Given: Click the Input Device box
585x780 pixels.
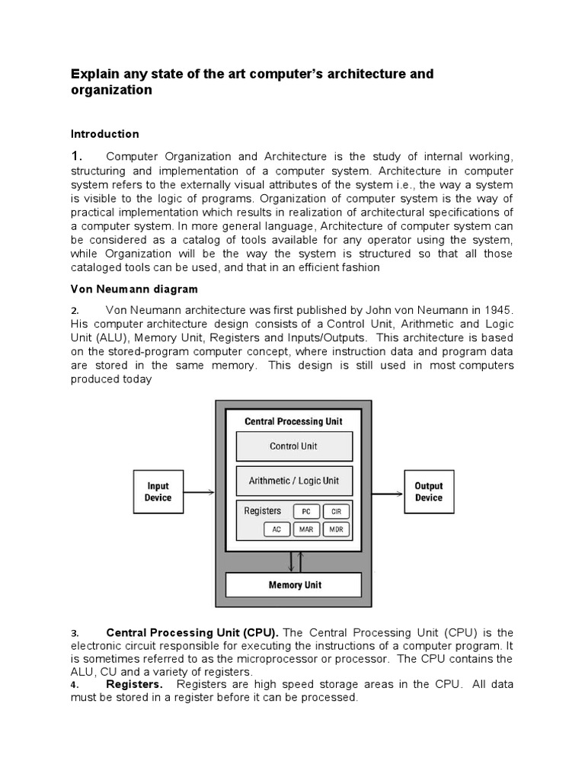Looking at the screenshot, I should pyautogui.click(x=158, y=492).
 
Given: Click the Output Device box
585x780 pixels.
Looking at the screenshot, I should pyautogui.click(x=428, y=492).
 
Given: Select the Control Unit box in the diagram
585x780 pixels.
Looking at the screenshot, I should pyautogui.click(x=294, y=446).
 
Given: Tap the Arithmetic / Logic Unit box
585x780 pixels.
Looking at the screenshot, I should pyautogui.click(x=294, y=481).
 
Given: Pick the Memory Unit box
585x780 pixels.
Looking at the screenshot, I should pyautogui.click(x=294, y=585).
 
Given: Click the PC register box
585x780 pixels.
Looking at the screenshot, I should pyautogui.click(x=305, y=512).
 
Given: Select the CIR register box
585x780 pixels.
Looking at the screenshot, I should pyautogui.click(x=336, y=512).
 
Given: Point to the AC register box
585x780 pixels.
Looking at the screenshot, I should pyautogui.click(x=276, y=529).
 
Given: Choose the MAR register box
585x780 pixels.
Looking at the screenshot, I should pyautogui.click(x=305, y=529).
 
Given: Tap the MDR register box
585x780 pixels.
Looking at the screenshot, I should pyautogui.click(x=336, y=529).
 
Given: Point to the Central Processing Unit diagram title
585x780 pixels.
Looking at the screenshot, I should pyautogui.click(x=293, y=421).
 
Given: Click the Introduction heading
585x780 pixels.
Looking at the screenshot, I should pyautogui.click(x=105, y=134).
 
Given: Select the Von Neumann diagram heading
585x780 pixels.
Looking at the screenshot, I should pyautogui.click(x=134, y=289).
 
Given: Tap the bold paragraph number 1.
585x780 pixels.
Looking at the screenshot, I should pyautogui.click(x=76, y=155).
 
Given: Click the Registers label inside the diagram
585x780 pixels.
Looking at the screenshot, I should pyautogui.click(x=262, y=511).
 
